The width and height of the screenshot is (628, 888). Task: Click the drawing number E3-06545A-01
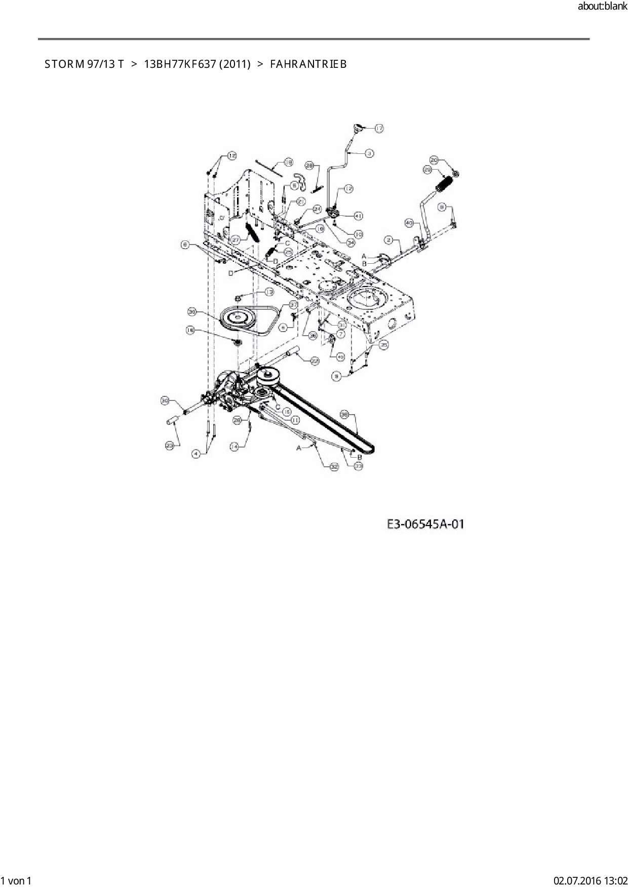(425, 524)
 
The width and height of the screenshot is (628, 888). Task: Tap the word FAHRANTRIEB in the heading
(308, 64)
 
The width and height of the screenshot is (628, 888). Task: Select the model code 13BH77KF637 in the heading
(198, 64)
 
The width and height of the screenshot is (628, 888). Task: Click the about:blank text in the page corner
(602, 7)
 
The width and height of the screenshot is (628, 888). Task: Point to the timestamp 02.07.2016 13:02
(591, 881)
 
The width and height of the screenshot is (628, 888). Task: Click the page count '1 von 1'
(16, 881)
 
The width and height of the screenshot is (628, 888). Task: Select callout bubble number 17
(379, 129)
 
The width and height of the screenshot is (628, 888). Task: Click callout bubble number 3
(369, 152)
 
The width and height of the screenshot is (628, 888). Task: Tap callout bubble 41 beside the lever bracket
(358, 216)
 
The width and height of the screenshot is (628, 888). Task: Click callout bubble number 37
(293, 305)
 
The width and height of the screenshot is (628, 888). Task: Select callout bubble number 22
(315, 360)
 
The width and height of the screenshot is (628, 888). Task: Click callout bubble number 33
(359, 466)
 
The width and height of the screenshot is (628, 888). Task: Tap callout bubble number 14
(234, 447)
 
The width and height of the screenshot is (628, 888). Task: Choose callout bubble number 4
(196, 454)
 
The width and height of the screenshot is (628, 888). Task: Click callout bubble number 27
(235, 239)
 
